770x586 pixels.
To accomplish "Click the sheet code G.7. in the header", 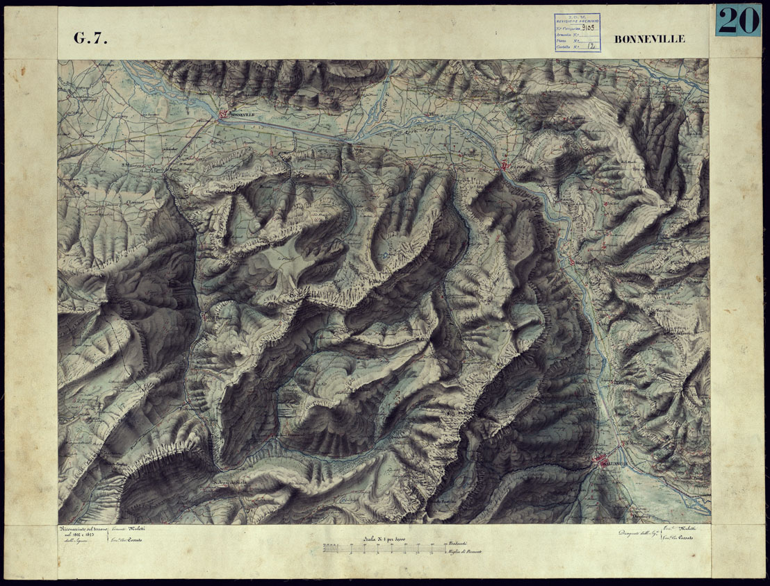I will pyautogui.click(x=90, y=39).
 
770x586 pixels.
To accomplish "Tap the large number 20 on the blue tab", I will pyautogui.click(x=737, y=22).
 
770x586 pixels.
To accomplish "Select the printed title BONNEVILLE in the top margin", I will pyautogui.click(x=649, y=39).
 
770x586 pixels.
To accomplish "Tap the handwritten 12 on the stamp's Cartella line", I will pyautogui.click(x=591, y=48).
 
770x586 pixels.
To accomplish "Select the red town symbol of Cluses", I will pyautogui.click(x=505, y=165).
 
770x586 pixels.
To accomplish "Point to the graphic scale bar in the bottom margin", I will pyautogui.click(x=382, y=549).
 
